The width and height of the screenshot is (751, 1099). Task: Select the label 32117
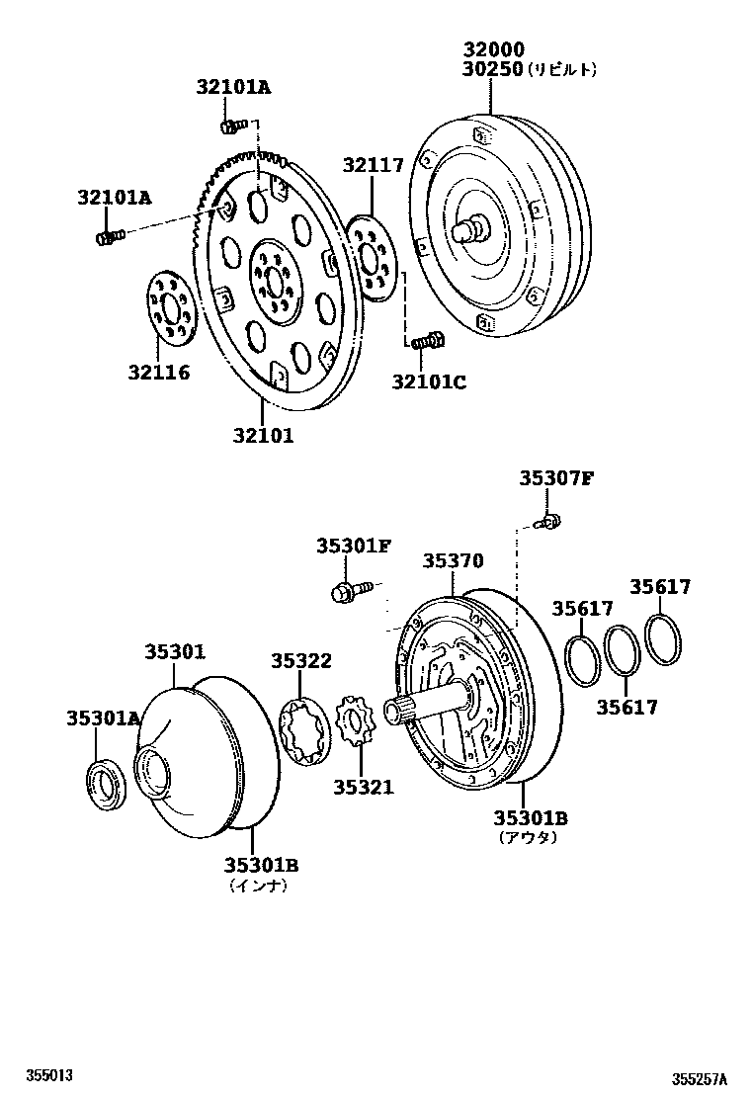374,165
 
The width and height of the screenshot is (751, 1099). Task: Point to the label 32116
158,373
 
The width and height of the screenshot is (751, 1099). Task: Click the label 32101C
428,380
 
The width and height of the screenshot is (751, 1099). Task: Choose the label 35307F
556,479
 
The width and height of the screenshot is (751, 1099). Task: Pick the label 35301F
354,546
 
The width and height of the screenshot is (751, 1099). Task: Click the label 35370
454,561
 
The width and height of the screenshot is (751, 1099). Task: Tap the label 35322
301,661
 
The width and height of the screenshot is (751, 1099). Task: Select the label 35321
363,787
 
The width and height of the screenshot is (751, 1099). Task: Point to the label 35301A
104,719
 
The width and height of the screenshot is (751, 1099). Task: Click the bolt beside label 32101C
427,342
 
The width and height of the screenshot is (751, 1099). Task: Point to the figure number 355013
50,1074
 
